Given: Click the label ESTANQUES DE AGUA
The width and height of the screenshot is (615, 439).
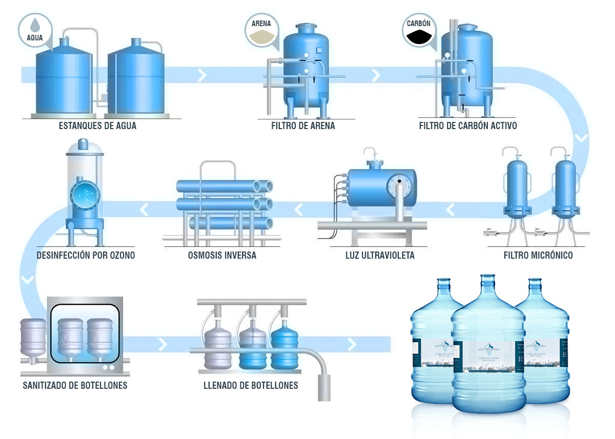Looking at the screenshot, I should click(x=98, y=126).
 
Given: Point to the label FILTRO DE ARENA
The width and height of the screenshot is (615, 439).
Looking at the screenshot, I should click(x=303, y=126).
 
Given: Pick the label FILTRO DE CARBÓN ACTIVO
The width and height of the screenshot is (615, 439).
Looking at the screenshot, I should click(x=468, y=126).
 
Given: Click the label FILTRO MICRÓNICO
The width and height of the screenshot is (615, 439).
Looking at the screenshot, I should click(x=538, y=255).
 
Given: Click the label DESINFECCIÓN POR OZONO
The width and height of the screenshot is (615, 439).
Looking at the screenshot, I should click(x=86, y=255).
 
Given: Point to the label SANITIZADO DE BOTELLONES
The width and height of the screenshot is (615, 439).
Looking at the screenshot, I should click(x=75, y=385).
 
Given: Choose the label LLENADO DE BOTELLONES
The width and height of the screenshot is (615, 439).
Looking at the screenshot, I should click(x=251, y=385).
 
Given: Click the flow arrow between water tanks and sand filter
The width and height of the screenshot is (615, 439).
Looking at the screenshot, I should click(x=202, y=75).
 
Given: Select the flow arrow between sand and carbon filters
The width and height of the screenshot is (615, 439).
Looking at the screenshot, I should click(x=376, y=75).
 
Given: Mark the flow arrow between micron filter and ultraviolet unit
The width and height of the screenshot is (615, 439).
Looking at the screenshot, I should click(x=450, y=209).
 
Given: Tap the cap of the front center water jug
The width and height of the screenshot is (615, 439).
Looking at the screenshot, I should click(x=488, y=279).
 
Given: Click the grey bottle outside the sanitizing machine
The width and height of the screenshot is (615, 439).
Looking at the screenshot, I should click(x=33, y=341).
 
